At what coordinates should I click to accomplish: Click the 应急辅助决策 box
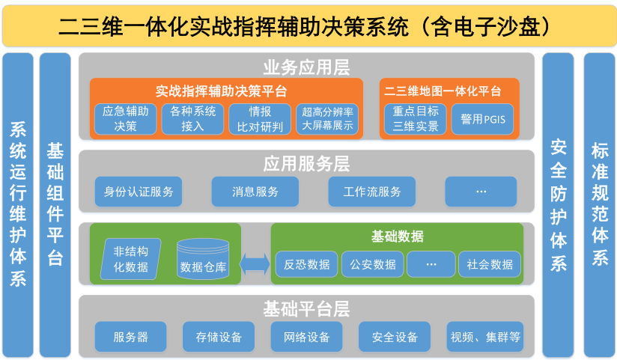click(x=125, y=119)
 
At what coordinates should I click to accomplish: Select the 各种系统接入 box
click(x=192, y=119)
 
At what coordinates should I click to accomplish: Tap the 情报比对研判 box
click(x=260, y=119)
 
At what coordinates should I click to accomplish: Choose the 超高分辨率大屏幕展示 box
click(x=327, y=119)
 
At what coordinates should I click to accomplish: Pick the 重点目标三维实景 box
click(x=415, y=119)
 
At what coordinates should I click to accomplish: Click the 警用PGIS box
click(x=482, y=119)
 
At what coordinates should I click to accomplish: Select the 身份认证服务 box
click(x=139, y=192)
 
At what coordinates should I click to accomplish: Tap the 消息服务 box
click(x=255, y=192)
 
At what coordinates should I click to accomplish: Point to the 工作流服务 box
click(x=372, y=192)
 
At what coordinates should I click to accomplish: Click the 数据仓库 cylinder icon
click(x=203, y=259)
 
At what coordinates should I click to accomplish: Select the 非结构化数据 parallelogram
click(x=130, y=259)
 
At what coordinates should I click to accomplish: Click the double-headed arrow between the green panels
click(x=255, y=264)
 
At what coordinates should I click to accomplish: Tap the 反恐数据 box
click(x=306, y=264)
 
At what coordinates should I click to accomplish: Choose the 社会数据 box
click(x=490, y=264)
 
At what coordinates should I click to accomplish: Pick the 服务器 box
click(x=130, y=337)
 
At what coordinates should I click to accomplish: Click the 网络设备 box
click(x=306, y=337)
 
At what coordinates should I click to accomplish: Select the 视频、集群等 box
click(x=485, y=337)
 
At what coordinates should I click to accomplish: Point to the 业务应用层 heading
click(x=306, y=67)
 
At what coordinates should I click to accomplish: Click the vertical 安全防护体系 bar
click(x=558, y=205)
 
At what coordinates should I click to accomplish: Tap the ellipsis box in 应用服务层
click(x=481, y=192)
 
